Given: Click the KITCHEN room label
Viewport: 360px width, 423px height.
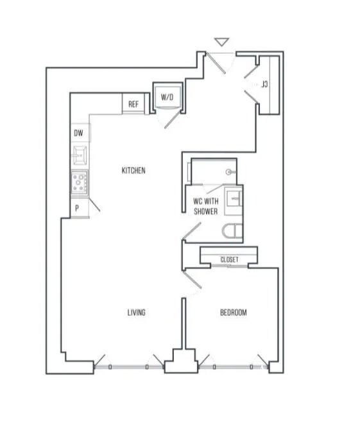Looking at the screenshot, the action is tap(133, 171).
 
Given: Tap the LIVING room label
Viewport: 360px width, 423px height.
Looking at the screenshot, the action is tap(137, 313).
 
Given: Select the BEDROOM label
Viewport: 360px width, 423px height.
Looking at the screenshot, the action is tap(234, 313).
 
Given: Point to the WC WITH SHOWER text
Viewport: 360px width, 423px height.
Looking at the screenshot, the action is tap(206, 206).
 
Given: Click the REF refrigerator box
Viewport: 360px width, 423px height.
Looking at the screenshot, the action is tap(133, 104).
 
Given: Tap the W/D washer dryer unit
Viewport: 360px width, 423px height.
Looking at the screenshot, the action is tap(167, 98).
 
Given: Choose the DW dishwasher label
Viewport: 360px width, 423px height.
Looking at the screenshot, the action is tap(78, 133).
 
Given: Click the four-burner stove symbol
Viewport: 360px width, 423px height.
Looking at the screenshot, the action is tap(80, 183).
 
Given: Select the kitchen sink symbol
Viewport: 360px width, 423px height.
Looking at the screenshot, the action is tap(80, 155).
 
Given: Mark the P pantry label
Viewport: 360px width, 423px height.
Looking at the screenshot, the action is tap(77, 208).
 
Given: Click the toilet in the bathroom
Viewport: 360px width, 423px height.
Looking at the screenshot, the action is tap(232, 232).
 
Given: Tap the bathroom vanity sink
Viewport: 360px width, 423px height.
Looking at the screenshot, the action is tap(234, 199).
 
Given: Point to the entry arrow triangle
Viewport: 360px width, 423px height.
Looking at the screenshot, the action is tap(221, 42).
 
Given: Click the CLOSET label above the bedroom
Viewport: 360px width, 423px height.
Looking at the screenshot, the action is tap(230, 259).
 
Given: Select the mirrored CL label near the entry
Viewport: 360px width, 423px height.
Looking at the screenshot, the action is tap(264, 84).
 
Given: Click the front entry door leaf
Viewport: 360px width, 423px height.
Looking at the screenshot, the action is tap(216, 63).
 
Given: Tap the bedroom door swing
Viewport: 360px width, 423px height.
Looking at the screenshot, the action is tap(192, 280).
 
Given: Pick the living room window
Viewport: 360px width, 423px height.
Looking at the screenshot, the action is tap(129, 367).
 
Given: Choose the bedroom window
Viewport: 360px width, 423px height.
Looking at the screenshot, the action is tap(234, 367).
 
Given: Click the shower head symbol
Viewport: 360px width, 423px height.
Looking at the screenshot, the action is tap(230, 172).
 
